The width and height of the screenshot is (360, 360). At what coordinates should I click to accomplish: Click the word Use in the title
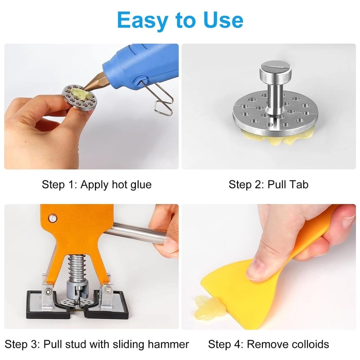coord(221,20)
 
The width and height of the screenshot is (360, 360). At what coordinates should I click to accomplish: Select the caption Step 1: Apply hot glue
coord(97,184)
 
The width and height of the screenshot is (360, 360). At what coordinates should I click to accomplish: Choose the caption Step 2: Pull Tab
coord(269,184)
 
